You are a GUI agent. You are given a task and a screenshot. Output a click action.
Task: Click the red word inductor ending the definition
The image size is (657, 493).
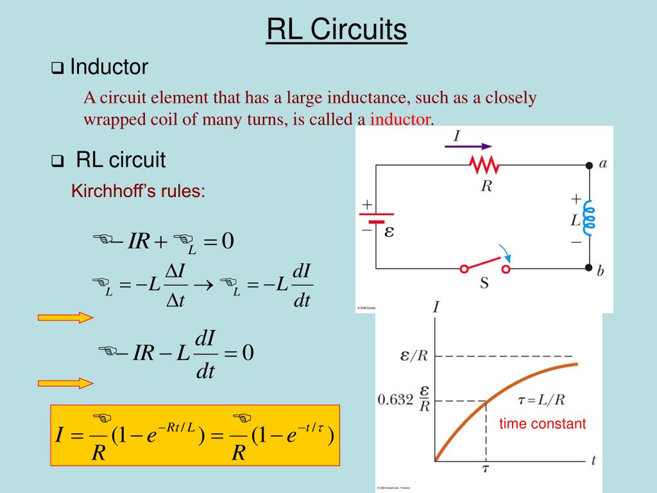(x=399, y=119)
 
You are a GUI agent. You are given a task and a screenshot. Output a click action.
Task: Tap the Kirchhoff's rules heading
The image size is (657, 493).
(x=138, y=191)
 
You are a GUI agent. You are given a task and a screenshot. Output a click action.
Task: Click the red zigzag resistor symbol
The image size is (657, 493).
(x=484, y=166)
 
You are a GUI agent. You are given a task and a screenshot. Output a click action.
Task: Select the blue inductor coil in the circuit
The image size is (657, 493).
(x=588, y=216)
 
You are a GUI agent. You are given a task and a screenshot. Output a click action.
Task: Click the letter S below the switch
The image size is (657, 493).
(x=485, y=283)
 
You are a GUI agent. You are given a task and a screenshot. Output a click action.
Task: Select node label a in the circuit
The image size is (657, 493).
(x=602, y=163)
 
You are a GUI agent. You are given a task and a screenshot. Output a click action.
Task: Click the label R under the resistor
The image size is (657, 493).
(x=486, y=186)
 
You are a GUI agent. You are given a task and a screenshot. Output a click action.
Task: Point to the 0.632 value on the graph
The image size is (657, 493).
(x=395, y=399)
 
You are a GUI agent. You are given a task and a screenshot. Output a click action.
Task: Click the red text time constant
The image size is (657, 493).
(x=543, y=424)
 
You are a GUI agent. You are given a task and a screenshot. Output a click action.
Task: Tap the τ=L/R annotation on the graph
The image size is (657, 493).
(x=541, y=400)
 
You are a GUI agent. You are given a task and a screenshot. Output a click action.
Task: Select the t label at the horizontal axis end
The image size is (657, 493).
(x=593, y=460)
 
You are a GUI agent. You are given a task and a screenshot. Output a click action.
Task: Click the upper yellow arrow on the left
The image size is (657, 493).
(x=65, y=317)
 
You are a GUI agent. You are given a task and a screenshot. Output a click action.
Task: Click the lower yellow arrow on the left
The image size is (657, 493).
(x=65, y=383)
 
